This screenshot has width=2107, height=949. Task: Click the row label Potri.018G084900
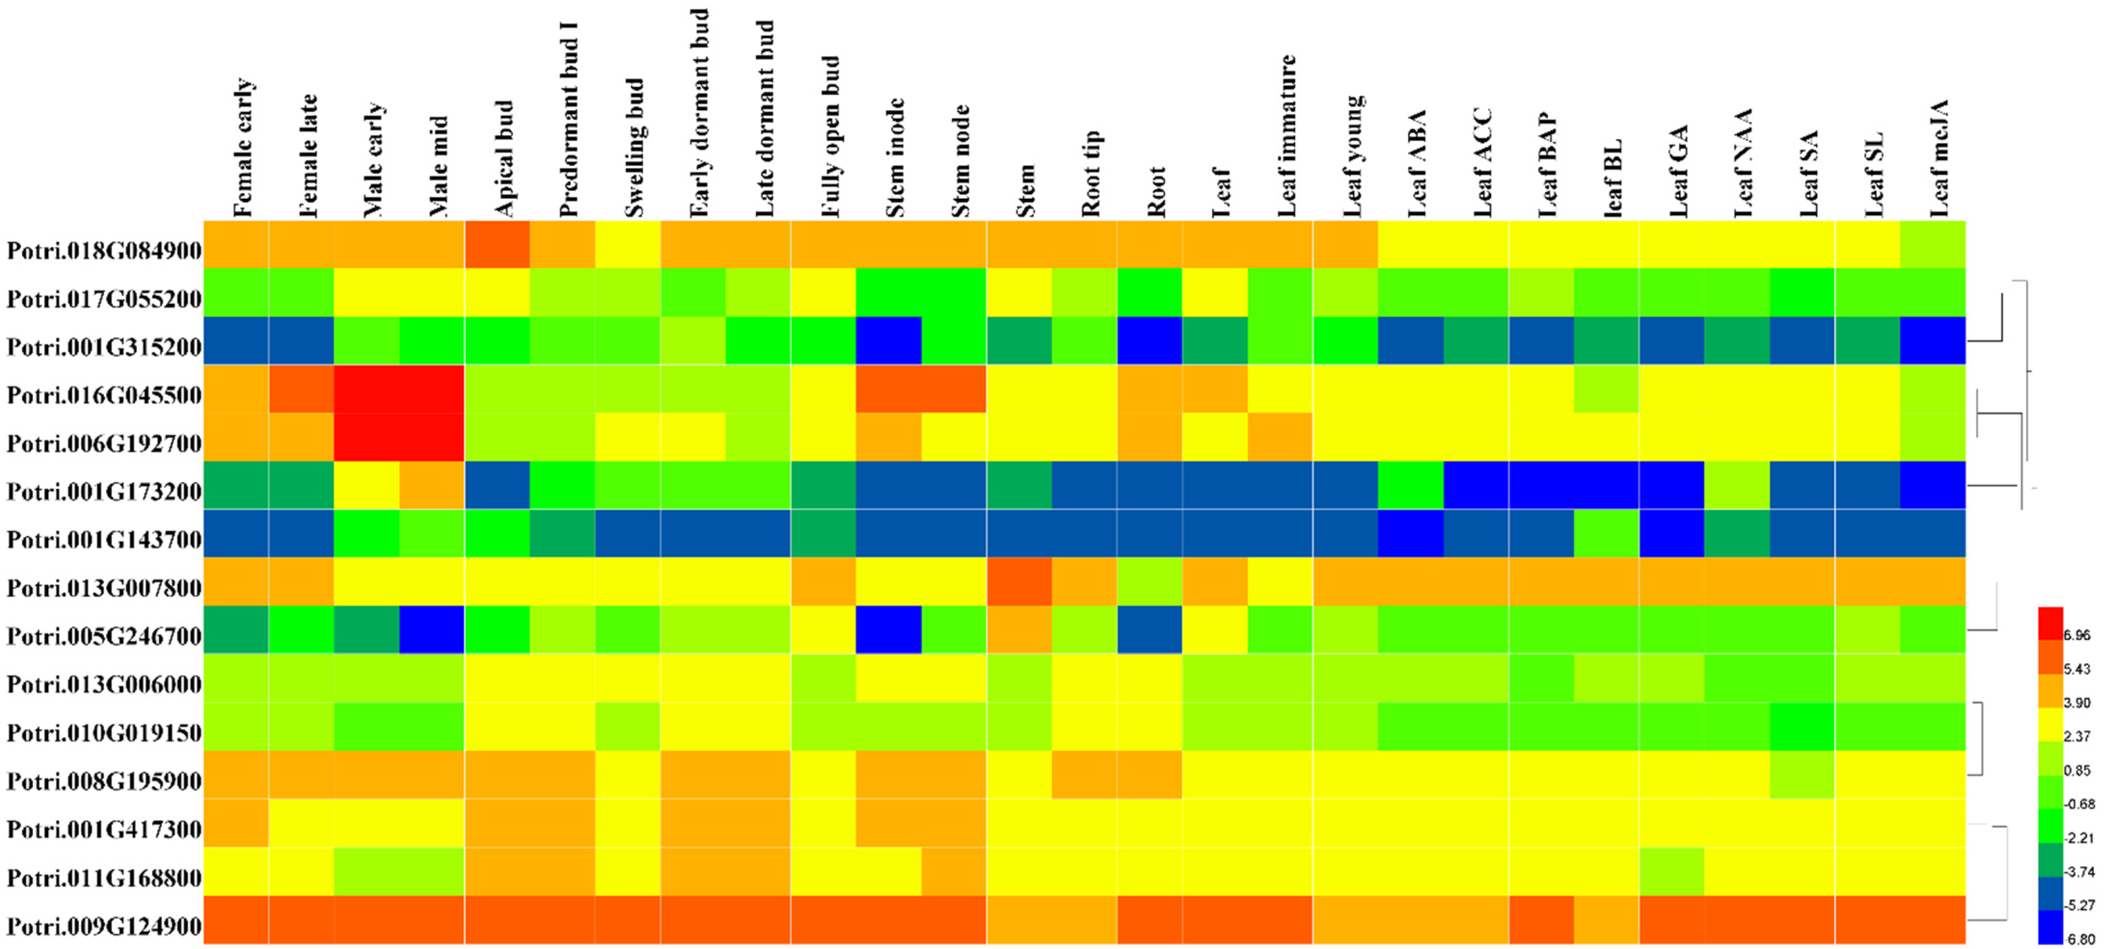tap(104, 251)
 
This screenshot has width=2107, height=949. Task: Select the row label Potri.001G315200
tap(104, 347)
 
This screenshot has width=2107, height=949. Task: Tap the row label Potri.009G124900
tap(104, 926)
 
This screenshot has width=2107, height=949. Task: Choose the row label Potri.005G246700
tap(104, 636)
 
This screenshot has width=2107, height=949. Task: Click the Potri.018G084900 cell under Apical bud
tap(497, 244)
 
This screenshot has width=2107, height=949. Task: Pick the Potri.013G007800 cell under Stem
tap(1019, 582)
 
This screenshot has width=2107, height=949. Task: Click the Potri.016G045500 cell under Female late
tap(301, 388)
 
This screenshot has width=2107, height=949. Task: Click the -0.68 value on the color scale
tap(2078, 804)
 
